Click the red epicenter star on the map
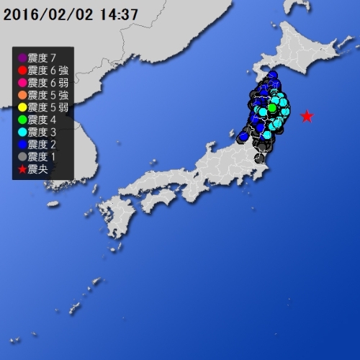click(307, 116)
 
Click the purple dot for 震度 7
click(22, 57)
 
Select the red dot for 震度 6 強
click(22, 70)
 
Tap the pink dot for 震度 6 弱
click(22, 82)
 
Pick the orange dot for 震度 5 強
click(22, 95)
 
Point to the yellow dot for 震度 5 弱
click(22, 107)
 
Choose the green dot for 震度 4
click(22, 120)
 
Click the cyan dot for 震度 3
click(22, 132)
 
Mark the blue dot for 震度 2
click(22, 145)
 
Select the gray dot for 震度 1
click(22, 158)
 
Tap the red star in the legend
click(22, 170)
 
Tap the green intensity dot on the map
click(272, 109)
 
